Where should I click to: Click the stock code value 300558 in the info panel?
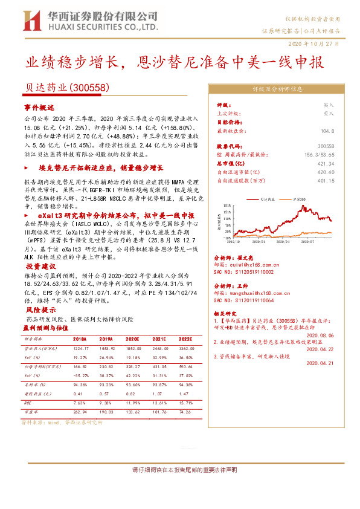[342, 146]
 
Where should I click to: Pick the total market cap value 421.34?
[342, 163]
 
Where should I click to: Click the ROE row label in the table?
[28, 402]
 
